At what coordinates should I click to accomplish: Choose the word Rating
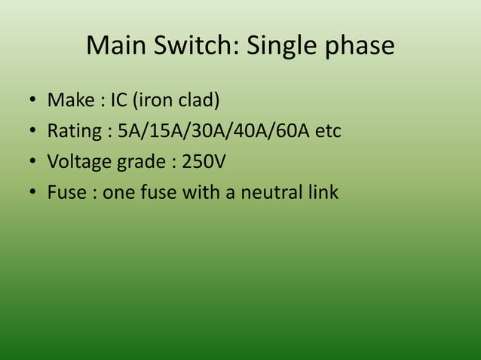(x=74, y=132)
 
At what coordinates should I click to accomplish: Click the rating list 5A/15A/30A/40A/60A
(x=215, y=131)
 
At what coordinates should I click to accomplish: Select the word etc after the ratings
(x=329, y=131)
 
